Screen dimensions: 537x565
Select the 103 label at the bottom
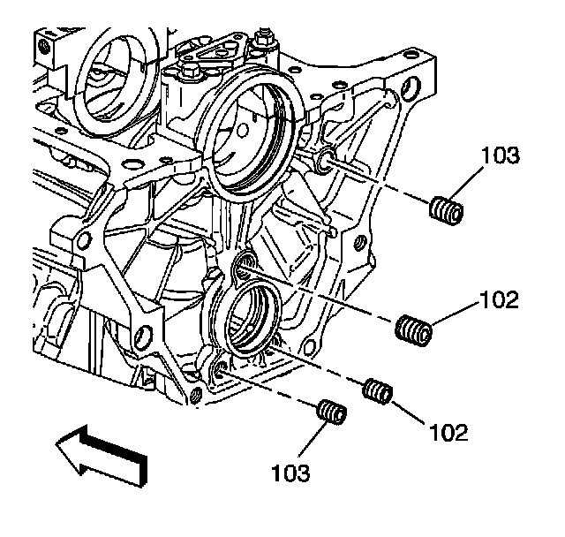coord(292,473)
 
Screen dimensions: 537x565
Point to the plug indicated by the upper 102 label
coord(413,330)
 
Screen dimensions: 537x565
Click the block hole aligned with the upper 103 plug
coord(324,160)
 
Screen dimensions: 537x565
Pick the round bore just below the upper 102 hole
coord(252,311)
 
